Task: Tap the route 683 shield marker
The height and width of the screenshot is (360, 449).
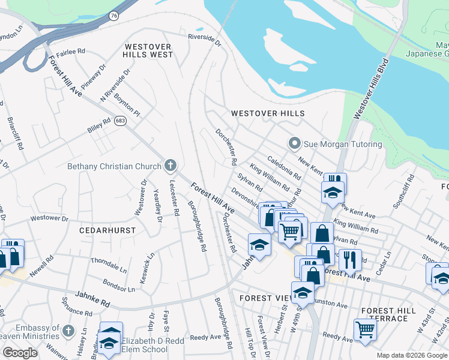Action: (x=121, y=121)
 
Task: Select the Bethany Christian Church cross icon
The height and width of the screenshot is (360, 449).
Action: (x=170, y=166)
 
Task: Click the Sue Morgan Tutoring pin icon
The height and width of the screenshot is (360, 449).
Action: (x=294, y=144)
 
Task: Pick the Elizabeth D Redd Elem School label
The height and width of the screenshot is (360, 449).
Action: (x=145, y=345)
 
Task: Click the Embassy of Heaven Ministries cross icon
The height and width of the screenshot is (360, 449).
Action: (x=68, y=331)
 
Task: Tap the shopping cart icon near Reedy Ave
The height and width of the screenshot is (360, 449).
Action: (x=365, y=329)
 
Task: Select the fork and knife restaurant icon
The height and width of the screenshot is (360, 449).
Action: (x=350, y=259)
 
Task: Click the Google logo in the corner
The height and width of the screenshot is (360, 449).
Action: (x=20, y=353)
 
